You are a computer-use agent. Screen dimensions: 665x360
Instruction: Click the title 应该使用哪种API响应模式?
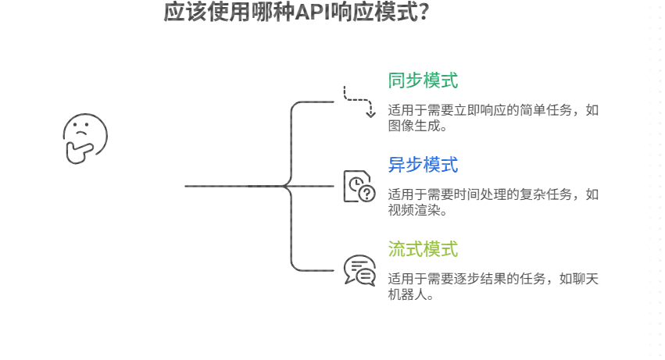296,13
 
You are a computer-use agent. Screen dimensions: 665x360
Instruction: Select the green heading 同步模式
423,80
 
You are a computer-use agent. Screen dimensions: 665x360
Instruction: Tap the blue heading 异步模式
423,165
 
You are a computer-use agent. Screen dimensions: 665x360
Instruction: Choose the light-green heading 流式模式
423,249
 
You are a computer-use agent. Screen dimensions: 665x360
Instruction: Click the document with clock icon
359,187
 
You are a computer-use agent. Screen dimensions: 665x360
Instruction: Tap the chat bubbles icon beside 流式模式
359,271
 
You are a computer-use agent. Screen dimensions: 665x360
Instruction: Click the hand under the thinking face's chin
77,153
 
